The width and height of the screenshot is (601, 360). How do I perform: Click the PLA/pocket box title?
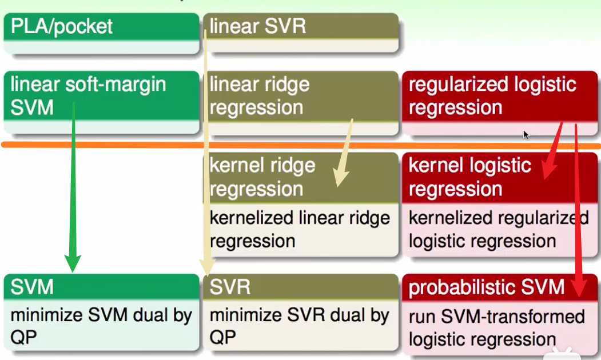62,27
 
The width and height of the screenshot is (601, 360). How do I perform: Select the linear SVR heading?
257,27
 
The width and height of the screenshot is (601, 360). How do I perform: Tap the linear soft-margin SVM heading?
88,95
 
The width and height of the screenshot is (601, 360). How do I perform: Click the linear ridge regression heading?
259,95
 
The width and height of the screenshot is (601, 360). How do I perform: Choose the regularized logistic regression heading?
492,95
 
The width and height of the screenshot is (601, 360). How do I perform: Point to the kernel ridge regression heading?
262,177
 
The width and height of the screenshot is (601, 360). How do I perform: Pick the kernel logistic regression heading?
470,177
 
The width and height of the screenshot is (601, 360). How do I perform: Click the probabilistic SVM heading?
487,287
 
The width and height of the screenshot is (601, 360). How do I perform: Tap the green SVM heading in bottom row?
32,287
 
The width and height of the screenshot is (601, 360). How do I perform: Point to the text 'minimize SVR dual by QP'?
299,326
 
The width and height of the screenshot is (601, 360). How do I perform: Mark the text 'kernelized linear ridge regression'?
300,229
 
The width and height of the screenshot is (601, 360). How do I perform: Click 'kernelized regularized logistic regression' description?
498,229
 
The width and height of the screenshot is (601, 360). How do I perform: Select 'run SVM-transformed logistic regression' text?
496,327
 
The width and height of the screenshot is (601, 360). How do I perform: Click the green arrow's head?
72,263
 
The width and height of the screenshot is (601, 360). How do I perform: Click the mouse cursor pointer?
526,135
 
